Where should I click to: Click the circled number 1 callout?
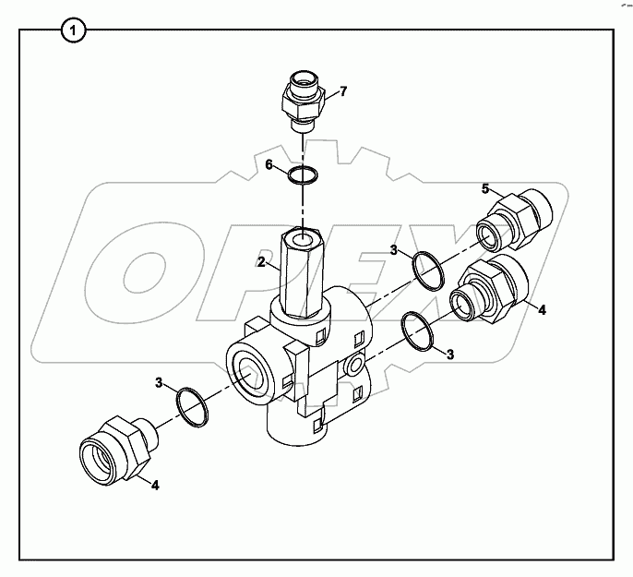[75, 31]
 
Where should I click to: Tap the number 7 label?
[343, 91]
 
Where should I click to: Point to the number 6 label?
[269, 164]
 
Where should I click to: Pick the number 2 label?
[261, 262]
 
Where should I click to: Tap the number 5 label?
[484, 189]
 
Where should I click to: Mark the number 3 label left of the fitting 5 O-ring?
[393, 250]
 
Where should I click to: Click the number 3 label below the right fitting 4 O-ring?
[450, 353]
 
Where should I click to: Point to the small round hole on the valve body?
[352, 367]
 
